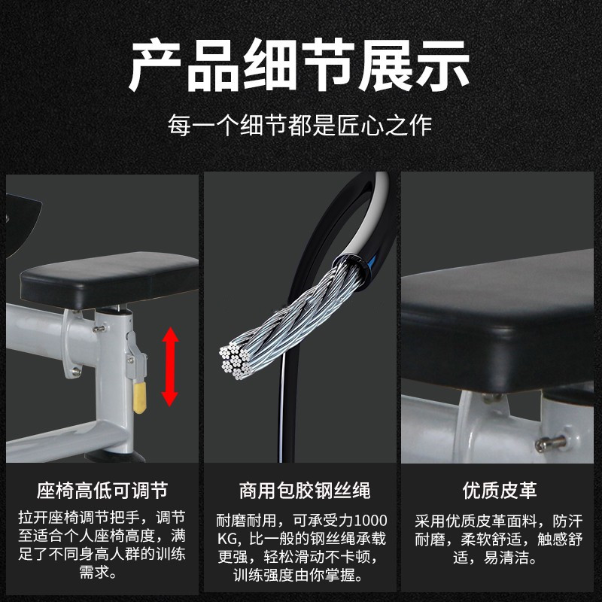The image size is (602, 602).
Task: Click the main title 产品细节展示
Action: tap(299, 65)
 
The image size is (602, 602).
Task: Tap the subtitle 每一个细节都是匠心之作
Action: tap(299, 125)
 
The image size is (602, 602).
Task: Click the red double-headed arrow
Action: tap(170, 366)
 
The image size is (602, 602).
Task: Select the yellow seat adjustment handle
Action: tap(140, 397)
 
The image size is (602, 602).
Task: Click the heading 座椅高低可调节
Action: tap(102, 491)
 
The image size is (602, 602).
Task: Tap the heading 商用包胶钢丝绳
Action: tap(305, 491)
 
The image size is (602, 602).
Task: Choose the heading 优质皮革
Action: tap(500, 491)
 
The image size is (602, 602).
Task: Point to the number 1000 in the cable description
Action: tap(370, 521)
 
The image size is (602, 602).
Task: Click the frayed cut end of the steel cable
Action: tap(236, 361)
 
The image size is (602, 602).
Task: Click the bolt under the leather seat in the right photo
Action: tap(551, 443)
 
